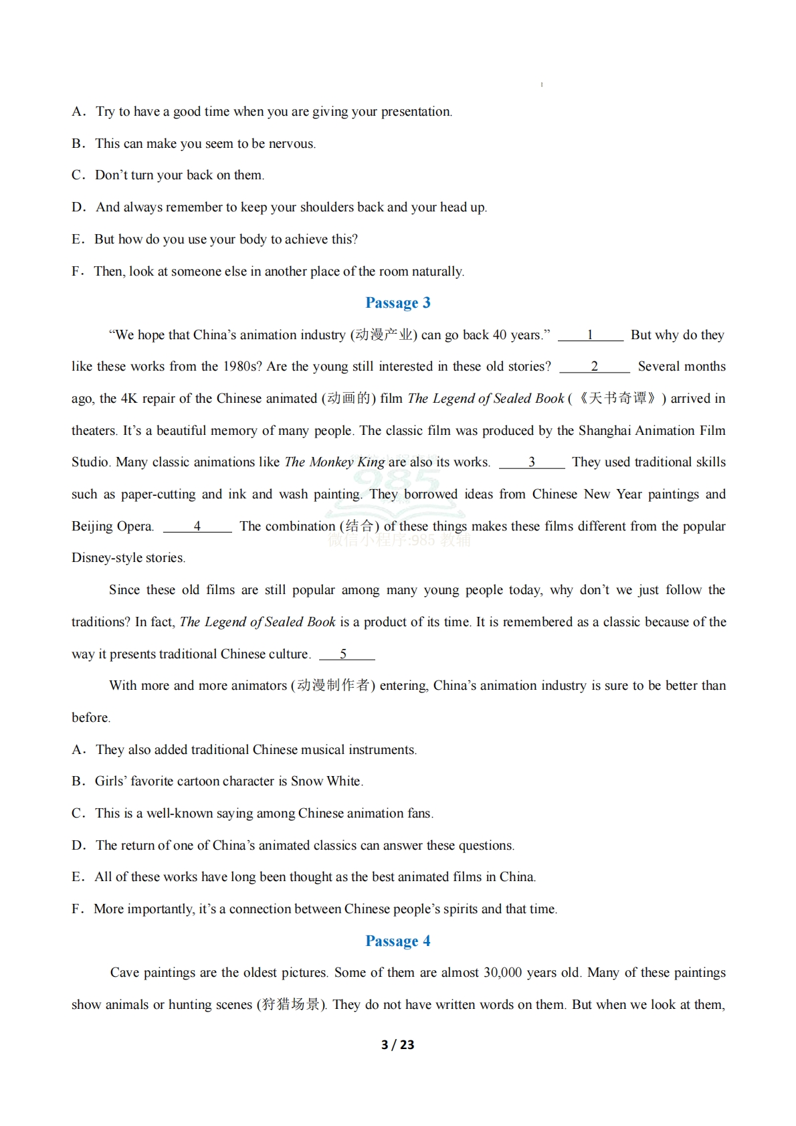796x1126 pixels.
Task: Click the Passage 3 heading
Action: coord(397,303)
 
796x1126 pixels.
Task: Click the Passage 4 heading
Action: coord(397,941)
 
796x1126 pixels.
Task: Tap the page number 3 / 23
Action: coord(397,1044)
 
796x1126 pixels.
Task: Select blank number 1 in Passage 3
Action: coord(590,335)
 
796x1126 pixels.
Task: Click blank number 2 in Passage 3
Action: coord(594,367)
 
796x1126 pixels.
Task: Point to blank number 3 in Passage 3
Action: coord(531,462)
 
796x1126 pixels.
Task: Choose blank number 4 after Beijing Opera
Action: coord(197,527)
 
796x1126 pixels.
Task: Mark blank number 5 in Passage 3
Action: coord(344,654)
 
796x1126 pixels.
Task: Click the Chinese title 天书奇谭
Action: coord(617,399)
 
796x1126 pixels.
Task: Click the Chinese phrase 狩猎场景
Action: coord(291,1005)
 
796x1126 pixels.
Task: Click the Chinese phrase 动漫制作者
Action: coord(332,686)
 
